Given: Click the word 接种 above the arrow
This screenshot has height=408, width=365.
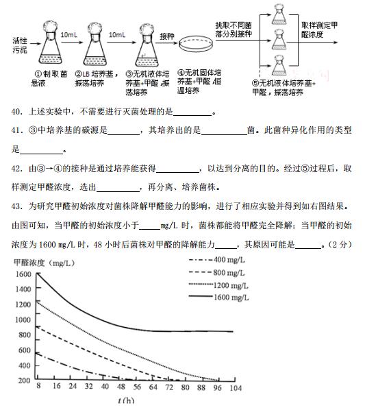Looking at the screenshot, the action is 167,35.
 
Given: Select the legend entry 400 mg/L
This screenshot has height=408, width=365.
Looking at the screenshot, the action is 230,259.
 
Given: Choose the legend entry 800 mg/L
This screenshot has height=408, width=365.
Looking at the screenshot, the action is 230,272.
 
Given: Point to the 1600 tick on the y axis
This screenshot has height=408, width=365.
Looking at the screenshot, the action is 23,274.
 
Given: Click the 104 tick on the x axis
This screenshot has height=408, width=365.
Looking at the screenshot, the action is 236,387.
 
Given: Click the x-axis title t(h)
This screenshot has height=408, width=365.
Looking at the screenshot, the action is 125,400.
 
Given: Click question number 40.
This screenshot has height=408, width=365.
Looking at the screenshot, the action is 17,112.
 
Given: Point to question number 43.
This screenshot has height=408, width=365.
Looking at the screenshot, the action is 17,206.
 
